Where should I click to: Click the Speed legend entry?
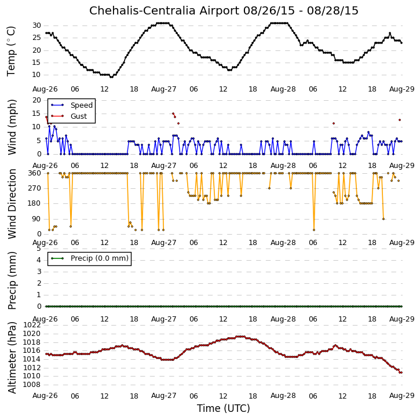coord(72,105)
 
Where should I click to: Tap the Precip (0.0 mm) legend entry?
coord(90,258)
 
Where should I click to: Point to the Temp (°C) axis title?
coord(11,51)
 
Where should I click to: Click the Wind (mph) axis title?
coord(12,127)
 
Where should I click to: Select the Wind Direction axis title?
coord(12,204)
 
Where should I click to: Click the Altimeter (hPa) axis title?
coord(12,357)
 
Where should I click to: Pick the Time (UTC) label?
coord(224,408)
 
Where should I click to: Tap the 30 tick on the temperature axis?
coord(36,25)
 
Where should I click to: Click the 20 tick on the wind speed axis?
coord(36,100)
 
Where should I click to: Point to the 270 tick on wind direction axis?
coord(35,188)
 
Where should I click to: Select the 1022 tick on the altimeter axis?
coord(32,325)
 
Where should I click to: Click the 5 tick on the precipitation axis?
coord(39,249)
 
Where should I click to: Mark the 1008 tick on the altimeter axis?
coord(32,385)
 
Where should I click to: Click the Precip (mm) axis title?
coord(12,281)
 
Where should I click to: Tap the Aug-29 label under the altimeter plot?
coord(402,396)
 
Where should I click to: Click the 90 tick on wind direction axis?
coord(36,219)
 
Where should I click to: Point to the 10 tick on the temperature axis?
coord(36,75)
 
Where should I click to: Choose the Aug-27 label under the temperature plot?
coord(164,89)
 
